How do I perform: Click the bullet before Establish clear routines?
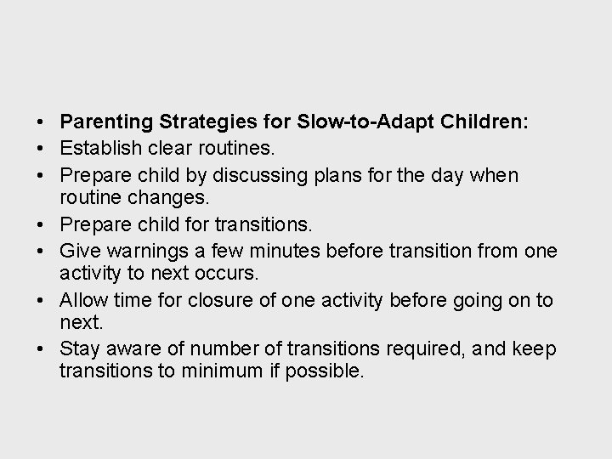pyautogui.click(x=41, y=149)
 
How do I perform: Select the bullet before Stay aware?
pyautogui.click(x=41, y=350)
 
